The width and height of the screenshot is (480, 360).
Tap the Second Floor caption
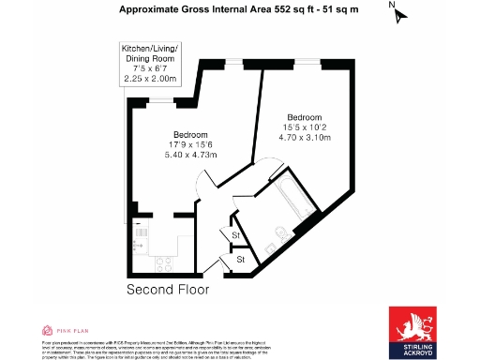click(x=169, y=290)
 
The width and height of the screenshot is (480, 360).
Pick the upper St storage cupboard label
click(x=236, y=234)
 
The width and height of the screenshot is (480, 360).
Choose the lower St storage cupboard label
click(x=241, y=258)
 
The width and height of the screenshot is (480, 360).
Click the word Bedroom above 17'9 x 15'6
click(x=191, y=133)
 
